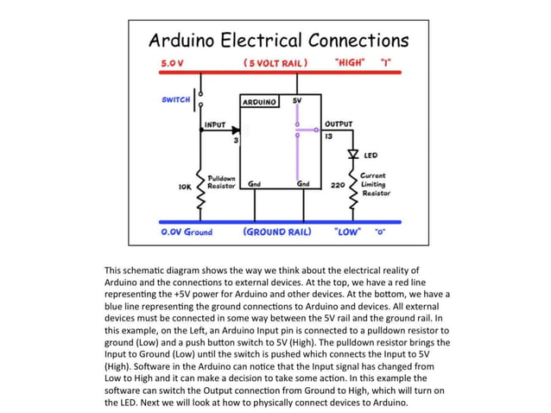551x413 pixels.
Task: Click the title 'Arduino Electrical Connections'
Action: point(278,40)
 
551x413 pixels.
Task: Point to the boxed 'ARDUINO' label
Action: point(259,102)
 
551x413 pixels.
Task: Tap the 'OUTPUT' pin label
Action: point(338,124)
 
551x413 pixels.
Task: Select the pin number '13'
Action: point(329,137)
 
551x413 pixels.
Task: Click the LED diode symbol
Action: point(352,156)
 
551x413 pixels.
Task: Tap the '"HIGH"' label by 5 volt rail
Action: point(350,63)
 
